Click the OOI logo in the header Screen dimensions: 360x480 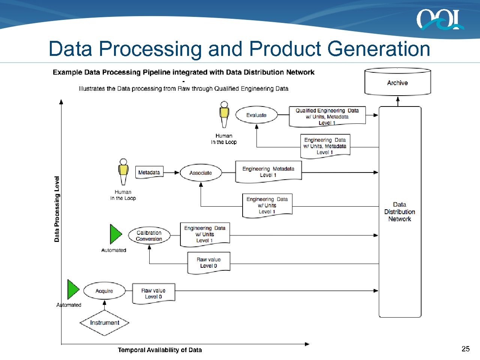pyautogui.click(x=439, y=19)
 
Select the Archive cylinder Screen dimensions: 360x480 pyautogui.click(x=397, y=82)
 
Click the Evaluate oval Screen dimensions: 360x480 pyautogui.click(x=256, y=115)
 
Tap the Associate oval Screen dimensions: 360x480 pyautogui.click(x=201, y=173)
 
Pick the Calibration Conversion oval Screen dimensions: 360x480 pyautogui.click(x=149, y=236)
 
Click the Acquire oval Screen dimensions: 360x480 pyautogui.click(x=104, y=291)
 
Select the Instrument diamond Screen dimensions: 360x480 pyautogui.click(x=105, y=322)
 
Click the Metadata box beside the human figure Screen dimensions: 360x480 pyautogui.click(x=149, y=172)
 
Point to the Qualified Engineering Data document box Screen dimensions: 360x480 pyautogui.click(x=327, y=117)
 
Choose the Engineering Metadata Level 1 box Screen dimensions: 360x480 pyautogui.click(x=268, y=172)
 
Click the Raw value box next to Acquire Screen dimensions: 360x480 pyautogui.click(x=153, y=293)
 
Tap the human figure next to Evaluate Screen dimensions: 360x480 pyautogui.click(x=224, y=114)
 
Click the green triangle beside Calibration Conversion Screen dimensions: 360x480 pyautogui.click(x=115, y=234)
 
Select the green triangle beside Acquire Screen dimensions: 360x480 pyautogui.click(x=72, y=289)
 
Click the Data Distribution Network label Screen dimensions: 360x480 pyautogui.click(x=399, y=212)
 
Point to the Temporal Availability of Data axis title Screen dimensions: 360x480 pyautogui.click(x=160, y=350)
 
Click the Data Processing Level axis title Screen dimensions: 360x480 pyautogui.click(x=57, y=209)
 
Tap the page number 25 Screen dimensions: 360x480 pyautogui.click(x=465, y=349)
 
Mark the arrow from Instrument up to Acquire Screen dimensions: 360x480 pyautogui.click(x=105, y=304)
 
